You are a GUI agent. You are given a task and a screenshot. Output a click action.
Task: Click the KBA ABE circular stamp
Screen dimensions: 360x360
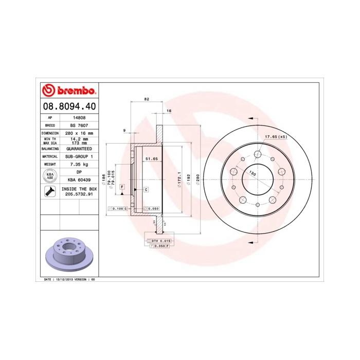click(x=50, y=176)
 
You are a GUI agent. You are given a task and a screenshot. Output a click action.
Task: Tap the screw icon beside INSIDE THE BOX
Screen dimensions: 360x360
click(x=50, y=192)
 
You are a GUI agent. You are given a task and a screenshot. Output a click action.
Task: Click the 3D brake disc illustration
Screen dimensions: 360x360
click(x=68, y=255)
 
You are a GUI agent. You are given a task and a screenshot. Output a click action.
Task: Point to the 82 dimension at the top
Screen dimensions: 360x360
click(x=147, y=98)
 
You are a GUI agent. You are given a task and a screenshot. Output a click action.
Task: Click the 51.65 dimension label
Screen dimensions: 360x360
click(x=151, y=159)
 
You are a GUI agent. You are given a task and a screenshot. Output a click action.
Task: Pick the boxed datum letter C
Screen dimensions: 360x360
click(x=146, y=190)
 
